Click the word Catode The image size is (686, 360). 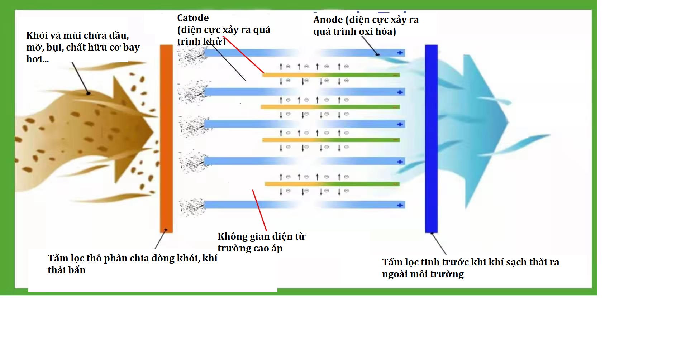193,18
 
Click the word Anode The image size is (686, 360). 328,20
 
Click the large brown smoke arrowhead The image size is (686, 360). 133,129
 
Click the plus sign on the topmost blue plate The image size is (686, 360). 400,53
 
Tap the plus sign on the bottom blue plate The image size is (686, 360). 400,205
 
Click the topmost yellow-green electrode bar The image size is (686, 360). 330,75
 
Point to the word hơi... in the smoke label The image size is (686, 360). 37,59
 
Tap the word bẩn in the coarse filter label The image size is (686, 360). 77,270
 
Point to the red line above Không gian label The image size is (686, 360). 259,210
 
